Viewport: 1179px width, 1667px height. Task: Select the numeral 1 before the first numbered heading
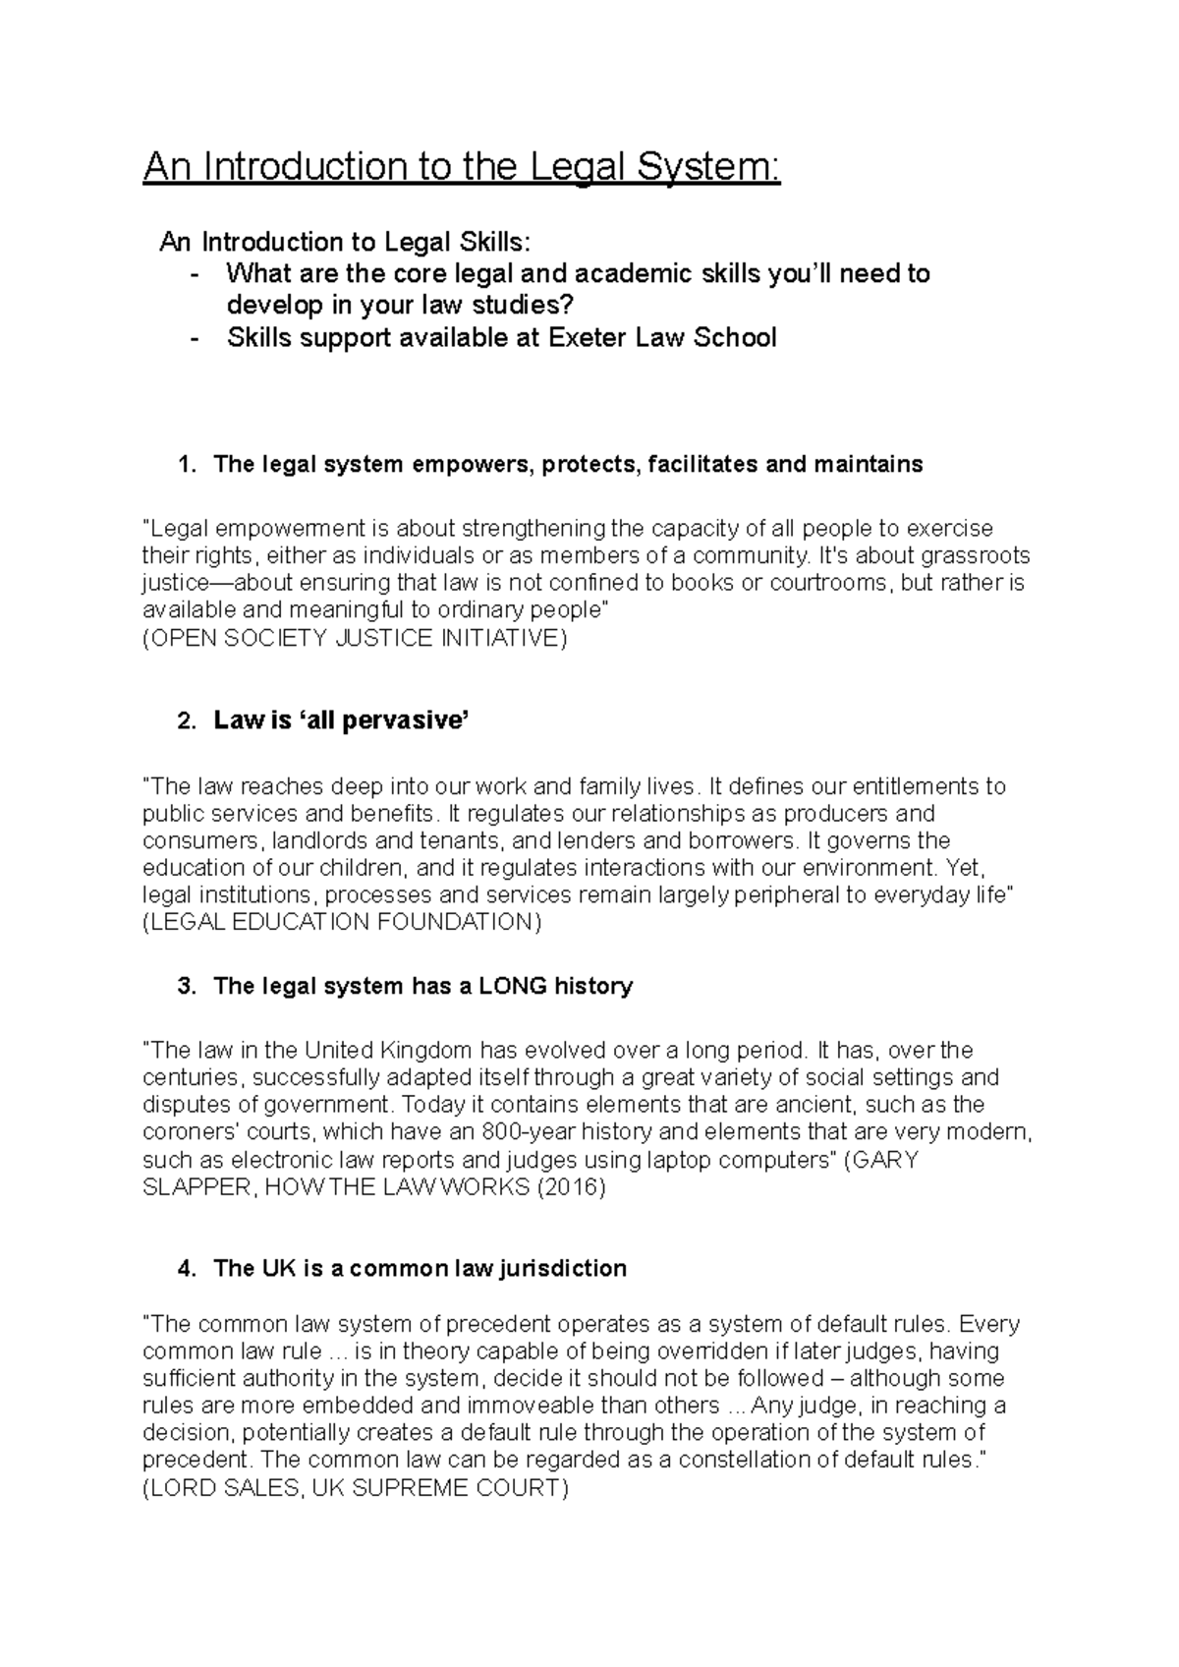[x=185, y=465]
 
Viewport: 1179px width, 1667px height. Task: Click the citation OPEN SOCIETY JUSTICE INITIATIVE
[x=355, y=638]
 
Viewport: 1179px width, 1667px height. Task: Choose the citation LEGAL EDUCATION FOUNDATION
[x=342, y=922]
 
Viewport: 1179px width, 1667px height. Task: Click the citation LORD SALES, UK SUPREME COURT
[x=355, y=1487]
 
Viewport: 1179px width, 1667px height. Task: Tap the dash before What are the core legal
[x=197, y=273]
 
